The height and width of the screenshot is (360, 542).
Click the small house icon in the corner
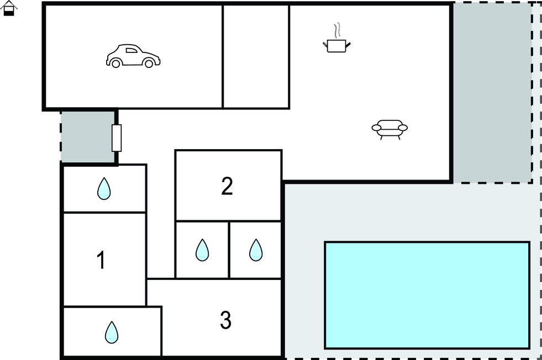click(x=9, y=8)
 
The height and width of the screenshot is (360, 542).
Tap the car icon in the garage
click(x=133, y=56)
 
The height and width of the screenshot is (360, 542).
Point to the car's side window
click(x=131, y=50)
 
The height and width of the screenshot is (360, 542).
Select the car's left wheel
click(x=116, y=63)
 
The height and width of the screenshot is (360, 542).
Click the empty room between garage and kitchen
click(x=256, y=57)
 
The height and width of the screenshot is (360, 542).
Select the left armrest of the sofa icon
click(x=376, y=128)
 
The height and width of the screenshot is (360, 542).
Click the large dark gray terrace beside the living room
click(x=493, y=93)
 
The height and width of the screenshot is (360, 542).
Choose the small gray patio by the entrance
click(x=87, y=136)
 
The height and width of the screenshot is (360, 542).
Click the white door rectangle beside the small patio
click(x=117, y=138)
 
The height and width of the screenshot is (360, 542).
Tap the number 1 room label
click(x=101, y=260)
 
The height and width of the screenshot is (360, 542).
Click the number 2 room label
click(x=227, y=186)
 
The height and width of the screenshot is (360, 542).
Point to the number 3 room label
click(x=226, y=320)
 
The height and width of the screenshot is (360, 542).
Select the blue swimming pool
click(x=427, y=295)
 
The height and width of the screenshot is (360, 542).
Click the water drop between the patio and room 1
click(x=104, y=189)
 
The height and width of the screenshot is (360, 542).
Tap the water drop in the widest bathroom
click(x=111, y=332)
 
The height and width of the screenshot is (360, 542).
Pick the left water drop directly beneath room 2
click(x=202, y=250)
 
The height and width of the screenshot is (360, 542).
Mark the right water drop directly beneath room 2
click(x=256, y=250)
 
